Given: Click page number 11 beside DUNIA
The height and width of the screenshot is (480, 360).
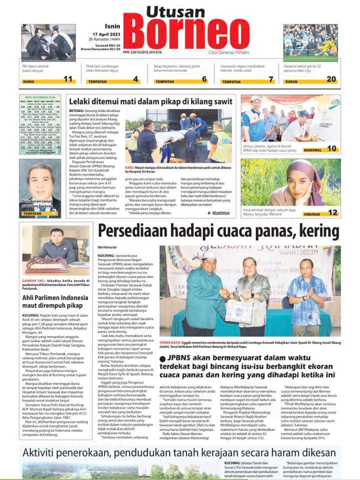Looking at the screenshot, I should click(68, 79).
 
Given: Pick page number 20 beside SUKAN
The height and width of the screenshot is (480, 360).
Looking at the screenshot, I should click(331, 79).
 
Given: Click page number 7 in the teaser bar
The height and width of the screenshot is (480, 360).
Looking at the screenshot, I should click(270, 79).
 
